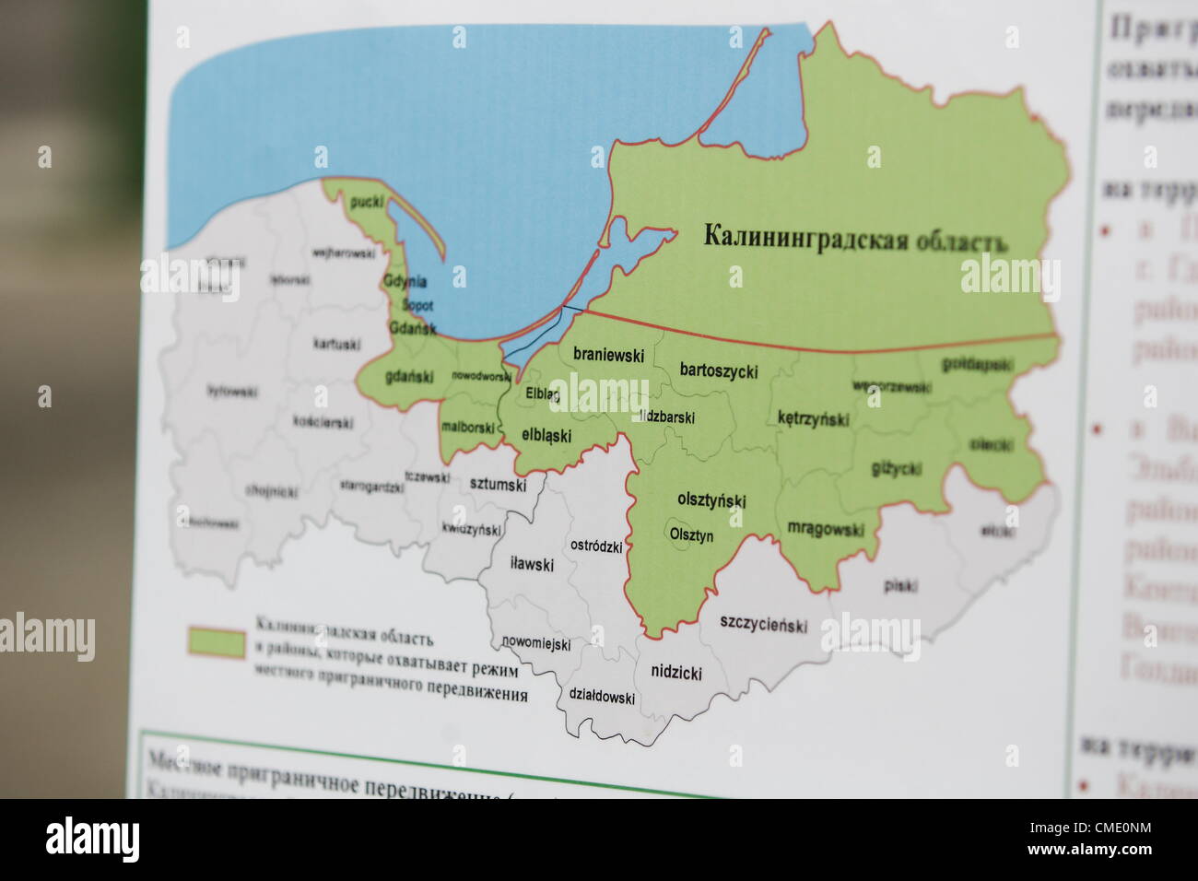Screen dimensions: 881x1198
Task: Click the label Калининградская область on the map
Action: (855, 238)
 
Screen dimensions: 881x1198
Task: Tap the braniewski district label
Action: (608, 355)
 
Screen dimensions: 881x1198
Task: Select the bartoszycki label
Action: (719, 370)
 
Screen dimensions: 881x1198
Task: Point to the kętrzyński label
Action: (813, 418)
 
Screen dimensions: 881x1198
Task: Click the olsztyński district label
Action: (711, 500)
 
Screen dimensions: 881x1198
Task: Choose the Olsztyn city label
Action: (691, 534)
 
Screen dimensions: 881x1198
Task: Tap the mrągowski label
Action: (826, 529)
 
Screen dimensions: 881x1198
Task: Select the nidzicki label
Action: (676, 672)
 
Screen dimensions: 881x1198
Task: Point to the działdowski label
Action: (602, 697)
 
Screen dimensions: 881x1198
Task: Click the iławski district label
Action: (533, 564)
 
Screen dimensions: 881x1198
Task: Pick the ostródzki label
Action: (596, 546)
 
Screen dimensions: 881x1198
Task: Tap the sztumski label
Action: (498, 483)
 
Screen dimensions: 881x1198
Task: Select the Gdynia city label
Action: (405, 282)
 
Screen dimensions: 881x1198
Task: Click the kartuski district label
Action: (335, 344)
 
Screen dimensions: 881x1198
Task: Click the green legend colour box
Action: (217, 642)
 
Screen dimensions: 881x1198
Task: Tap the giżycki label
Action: (896, 469)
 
